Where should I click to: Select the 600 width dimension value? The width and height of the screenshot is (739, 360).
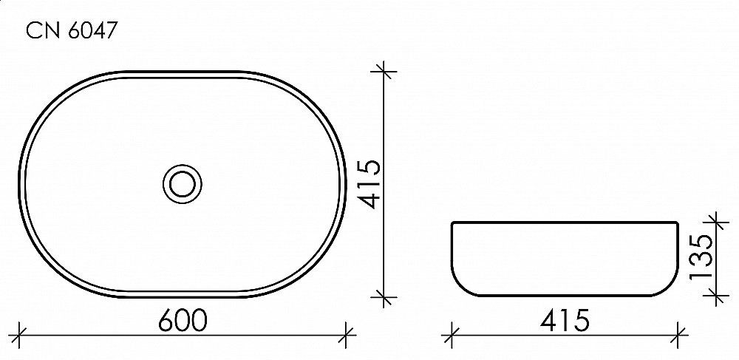(x=182, y=320)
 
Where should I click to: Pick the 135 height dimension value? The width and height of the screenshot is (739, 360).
(x=701, y=257)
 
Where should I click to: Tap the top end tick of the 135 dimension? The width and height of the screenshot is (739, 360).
(x=715, y=220)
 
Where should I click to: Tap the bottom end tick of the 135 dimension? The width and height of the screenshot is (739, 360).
(x=715, y=297)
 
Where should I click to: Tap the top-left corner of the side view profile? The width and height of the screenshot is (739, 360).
(x=452, y=222)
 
